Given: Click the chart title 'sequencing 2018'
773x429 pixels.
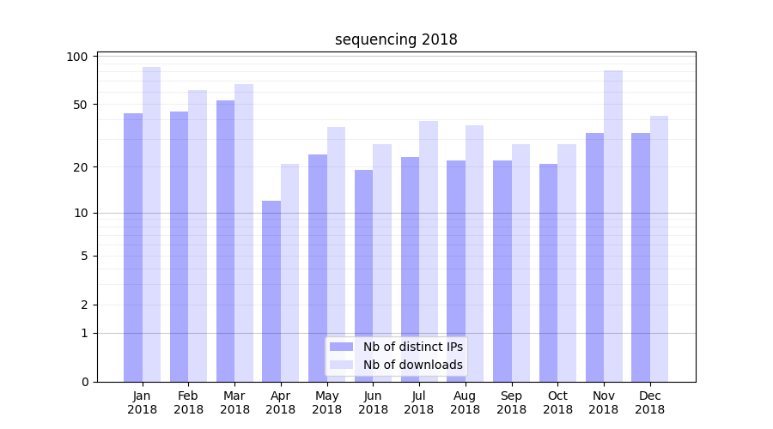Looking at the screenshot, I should (396, 39).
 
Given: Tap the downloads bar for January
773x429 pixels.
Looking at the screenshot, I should (152, 224).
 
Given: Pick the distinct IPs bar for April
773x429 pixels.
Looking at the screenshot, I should (271, 291).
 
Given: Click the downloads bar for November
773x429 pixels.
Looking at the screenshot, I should (613, 226).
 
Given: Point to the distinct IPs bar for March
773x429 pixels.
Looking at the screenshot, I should (225, 241).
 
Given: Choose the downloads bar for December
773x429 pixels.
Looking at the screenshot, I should (659, 249).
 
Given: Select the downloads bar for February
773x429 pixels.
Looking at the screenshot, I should (198, 236).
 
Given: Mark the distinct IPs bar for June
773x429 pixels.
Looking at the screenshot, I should (363, 275).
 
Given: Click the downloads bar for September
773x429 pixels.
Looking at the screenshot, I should (520, 263).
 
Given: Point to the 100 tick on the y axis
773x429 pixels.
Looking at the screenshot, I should (78, 57).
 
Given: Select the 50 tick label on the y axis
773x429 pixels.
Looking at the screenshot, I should (81, 105).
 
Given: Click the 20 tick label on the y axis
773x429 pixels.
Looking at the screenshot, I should (81, 166).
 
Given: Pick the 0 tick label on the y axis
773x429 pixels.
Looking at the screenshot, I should (84, 382).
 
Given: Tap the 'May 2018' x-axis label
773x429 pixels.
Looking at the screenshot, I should (326, 402).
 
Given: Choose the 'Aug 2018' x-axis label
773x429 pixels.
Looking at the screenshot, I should (465, 402).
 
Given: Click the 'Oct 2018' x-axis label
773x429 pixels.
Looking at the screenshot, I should (557, 402).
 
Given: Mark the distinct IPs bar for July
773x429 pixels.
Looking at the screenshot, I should (410, 269).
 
